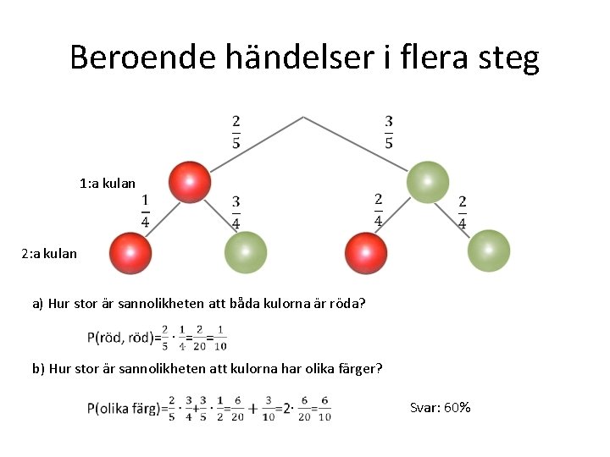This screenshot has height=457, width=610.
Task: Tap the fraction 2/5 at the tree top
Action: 236,132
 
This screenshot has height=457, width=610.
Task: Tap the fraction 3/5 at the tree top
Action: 388,132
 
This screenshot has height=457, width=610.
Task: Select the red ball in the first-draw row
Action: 189,181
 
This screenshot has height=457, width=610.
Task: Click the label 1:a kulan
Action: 107,183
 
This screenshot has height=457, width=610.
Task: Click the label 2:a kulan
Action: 49,253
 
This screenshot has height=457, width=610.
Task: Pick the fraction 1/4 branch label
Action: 145,212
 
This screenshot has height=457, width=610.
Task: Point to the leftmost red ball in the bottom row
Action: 130,252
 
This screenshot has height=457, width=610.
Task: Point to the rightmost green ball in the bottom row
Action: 489,251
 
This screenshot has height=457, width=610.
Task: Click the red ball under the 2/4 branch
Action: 366,253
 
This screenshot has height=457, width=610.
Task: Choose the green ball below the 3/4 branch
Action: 246,252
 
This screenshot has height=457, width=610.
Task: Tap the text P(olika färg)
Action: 123,408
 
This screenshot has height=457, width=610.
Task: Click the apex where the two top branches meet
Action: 303,118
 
